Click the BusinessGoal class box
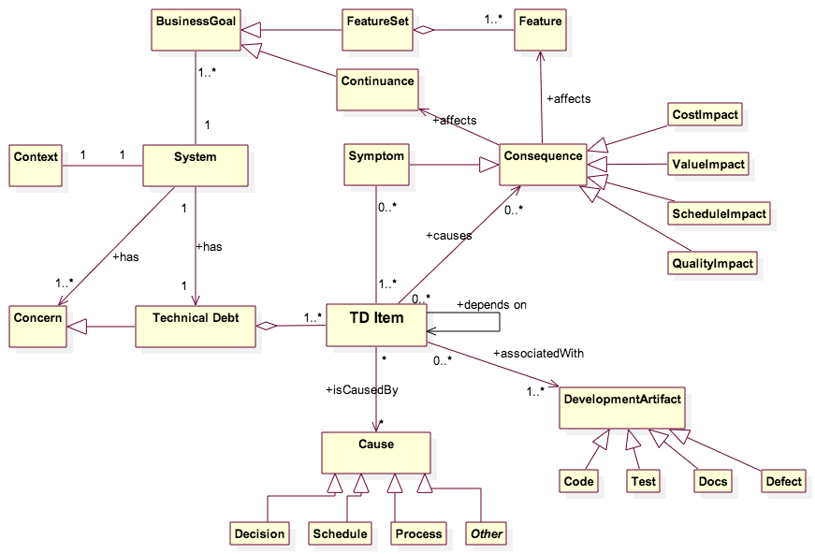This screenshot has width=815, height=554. point(195,30)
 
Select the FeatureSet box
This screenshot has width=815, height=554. point(376,30)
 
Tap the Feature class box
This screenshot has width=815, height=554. point(540,30)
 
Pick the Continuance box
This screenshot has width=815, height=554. point(377,90)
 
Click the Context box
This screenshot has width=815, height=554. point(36,166)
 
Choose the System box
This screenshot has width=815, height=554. point(195,166)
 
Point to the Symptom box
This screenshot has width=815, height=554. point(376,165)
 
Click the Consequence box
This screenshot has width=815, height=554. point(543,165)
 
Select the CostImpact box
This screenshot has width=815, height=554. point(706,115)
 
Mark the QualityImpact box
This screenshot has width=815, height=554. point(712,264)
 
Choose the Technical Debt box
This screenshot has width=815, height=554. point(195,326)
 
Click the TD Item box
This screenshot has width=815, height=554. point(376,326)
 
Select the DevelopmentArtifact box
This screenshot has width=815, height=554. point(621,407)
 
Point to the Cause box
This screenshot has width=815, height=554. point(376,452)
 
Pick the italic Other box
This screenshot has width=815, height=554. point(487,534)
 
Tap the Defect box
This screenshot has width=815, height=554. point(783,482)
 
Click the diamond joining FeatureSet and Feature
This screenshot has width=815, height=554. point(424,30)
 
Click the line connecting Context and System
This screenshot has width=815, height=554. point(102,167)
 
